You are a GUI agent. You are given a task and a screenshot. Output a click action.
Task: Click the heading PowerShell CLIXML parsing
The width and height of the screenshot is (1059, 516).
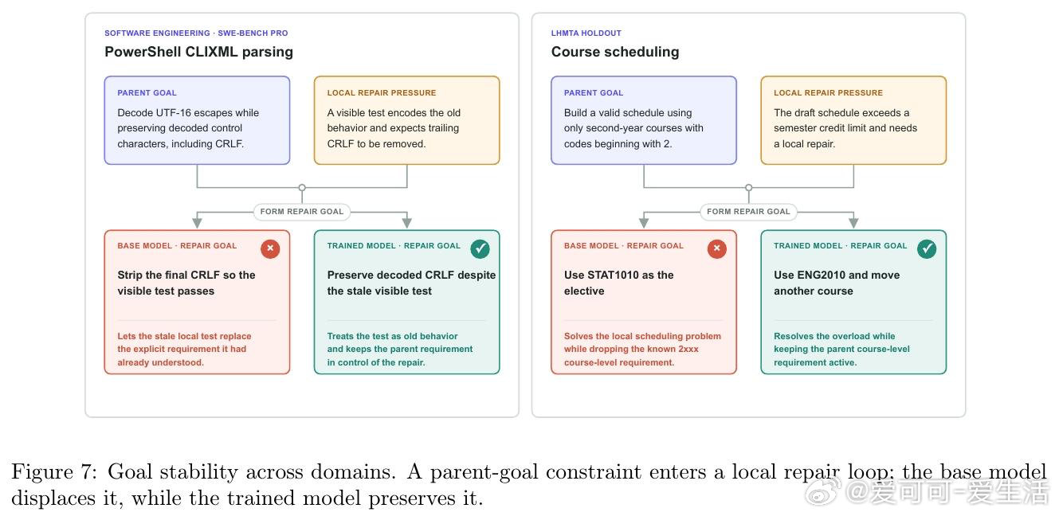tap(198, 52)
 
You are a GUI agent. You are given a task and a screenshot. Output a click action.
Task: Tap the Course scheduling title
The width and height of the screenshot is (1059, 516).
tap(615, 52)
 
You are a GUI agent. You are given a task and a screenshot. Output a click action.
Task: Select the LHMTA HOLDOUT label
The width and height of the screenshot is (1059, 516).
tap(586, 33)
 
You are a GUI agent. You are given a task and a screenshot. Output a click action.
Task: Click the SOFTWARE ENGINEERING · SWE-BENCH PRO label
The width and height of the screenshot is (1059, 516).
tap(196, 33)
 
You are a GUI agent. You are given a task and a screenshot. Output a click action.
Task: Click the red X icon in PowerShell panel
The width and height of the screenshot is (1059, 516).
tap(270, 248)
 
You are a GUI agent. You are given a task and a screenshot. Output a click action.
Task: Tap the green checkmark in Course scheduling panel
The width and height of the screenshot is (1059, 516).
tap(927, 248)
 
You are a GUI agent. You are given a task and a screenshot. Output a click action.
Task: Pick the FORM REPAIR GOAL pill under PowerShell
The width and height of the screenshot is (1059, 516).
tap(302, 212)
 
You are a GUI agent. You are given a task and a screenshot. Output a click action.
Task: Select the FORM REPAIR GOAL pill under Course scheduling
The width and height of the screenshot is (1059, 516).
tap(748, 212)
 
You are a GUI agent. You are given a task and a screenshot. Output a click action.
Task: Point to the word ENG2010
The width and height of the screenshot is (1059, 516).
tap(821, 275)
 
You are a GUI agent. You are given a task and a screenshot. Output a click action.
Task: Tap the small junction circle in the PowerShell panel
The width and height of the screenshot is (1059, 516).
tap(302, 188)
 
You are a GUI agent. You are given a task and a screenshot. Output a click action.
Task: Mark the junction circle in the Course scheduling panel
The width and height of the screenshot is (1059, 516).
tap(748, 188)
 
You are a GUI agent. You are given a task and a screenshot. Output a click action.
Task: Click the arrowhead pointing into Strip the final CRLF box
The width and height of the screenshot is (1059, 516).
tap(197, 222)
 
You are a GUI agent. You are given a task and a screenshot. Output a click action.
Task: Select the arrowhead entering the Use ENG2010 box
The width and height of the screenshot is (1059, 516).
tap(853, 222)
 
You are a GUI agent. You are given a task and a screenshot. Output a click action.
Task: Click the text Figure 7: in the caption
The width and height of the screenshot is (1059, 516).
tap(54, 472)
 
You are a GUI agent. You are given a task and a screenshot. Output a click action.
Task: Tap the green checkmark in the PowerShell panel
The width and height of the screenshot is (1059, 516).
tap(480, 248)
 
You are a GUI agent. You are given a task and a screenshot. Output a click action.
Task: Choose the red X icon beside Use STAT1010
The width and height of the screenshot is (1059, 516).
tap(716, 248)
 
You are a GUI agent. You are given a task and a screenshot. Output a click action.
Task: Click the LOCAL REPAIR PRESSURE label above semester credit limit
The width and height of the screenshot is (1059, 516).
tap(828, 93)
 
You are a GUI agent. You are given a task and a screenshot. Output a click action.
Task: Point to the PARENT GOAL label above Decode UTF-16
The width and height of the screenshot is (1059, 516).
tap(147, 93)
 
